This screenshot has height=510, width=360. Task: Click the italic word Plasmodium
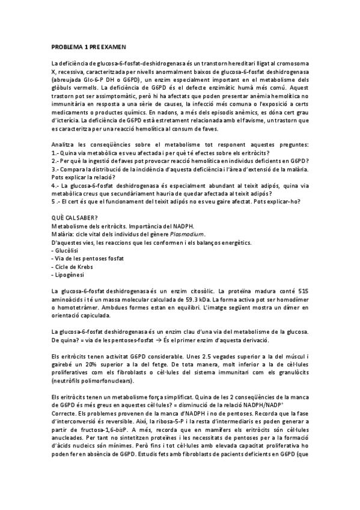pos(189,234)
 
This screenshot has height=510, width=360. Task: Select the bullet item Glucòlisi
pos(69,250)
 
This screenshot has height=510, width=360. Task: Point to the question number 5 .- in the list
pos(56,203)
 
